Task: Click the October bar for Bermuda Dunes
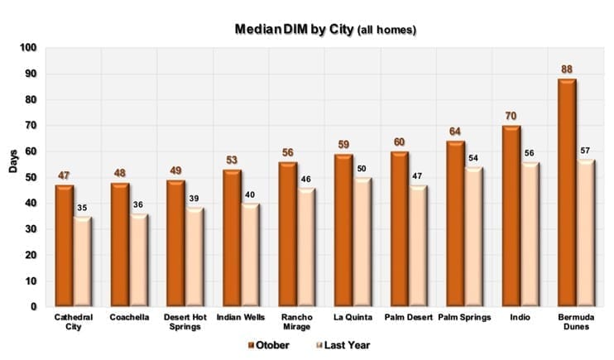pos(567,192)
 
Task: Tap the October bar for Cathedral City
pos(64,245)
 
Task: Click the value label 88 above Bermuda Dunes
pos(566,70)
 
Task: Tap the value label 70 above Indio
pos(511,117)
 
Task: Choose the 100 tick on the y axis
pos(29,48)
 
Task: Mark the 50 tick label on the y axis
pos(31,177)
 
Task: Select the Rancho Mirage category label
pos(297,322)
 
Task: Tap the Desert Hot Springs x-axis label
pos(185,322)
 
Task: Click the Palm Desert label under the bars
pos(407,317)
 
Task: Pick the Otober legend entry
pos(268,344)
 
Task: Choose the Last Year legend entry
pos(344,344)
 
